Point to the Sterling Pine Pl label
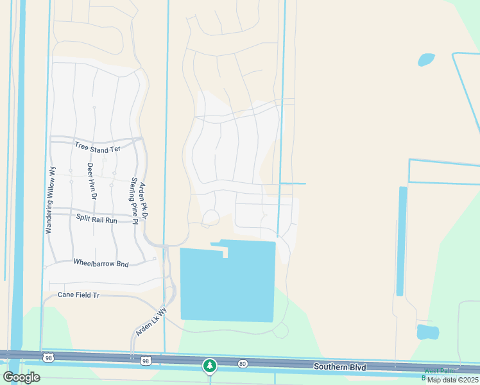point(134,201)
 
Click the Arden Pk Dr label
point(144,201)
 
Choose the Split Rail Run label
point(97,219)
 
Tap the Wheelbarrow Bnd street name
point(101,263)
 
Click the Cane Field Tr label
point(79,295)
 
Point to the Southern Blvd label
point(339,367)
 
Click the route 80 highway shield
point(242,364)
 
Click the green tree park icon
point(209,366)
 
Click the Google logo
point(21,377)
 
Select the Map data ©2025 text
point(452,380)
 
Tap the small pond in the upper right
point(426,60)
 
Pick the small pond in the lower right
point(427,332)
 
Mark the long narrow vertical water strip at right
point(401,241)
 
